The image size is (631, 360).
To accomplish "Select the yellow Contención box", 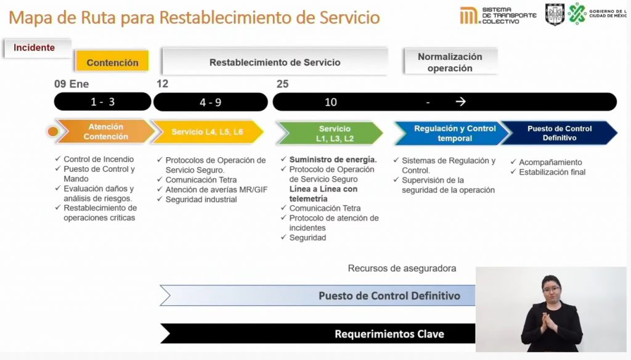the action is point(112,62).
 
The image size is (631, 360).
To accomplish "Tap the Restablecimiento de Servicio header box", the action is point(275,62).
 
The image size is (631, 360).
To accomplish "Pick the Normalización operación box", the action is point(450,62).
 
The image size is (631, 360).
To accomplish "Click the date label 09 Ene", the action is point(71,84).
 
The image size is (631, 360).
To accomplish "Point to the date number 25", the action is point(282,84).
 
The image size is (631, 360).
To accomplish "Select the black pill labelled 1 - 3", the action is point(103,102).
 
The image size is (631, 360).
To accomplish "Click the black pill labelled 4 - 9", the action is point(211,102).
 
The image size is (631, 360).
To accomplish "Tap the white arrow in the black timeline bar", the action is point(460,102).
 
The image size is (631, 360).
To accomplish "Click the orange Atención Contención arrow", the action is point(105,131).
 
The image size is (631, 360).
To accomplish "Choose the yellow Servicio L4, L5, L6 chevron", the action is point(207,132).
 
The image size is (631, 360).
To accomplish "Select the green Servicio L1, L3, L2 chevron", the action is point(331,133).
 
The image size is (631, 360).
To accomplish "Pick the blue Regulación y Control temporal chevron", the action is point(451,133).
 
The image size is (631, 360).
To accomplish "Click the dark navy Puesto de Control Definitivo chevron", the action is point(560,133).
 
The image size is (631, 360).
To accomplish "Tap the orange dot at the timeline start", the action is point(53,131).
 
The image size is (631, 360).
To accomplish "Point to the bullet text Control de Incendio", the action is point(99,159).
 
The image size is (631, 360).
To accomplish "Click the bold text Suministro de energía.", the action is point(333,160).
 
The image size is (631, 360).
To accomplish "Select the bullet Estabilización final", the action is point(552,172).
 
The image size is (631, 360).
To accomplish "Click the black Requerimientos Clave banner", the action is point(318,333).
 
